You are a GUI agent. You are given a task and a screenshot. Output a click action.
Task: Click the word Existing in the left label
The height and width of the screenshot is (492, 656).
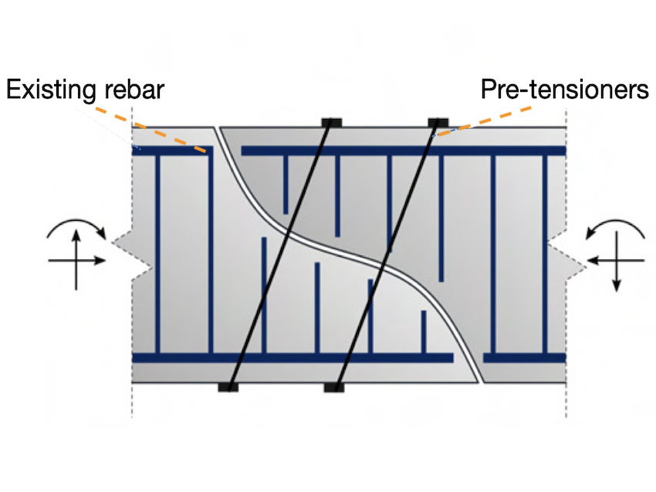(52, 90)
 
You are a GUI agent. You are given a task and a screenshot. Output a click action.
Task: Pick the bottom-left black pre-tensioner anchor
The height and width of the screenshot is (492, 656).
(228, 386)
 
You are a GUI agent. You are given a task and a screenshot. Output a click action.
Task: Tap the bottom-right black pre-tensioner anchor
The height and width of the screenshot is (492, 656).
(333, 386)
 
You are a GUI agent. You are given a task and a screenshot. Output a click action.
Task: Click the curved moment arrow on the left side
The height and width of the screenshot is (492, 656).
(76, 224)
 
